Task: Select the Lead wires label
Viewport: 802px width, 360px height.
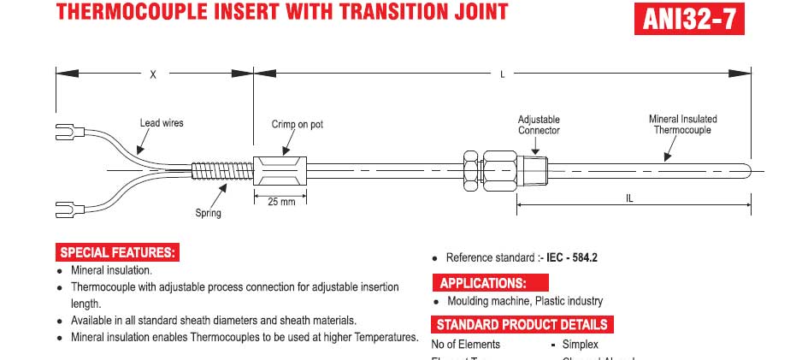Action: [x=162, y=123]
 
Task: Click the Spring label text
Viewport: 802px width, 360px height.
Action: [x=208, y=213]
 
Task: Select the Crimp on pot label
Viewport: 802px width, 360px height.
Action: [x=297, y=125]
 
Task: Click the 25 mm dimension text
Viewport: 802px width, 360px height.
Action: [x=281, y=201]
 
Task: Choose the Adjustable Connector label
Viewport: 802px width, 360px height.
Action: [x=539, y=125]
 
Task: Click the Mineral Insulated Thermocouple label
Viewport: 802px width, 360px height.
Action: [x=682, y=124]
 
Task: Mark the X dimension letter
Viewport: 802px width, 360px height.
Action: [x=153, y=75]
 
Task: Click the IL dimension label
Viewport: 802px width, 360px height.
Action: [x=630, y=198]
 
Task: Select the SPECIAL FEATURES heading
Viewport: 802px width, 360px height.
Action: [x=118, y=252]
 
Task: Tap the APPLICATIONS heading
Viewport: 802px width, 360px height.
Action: [x=483, y=283]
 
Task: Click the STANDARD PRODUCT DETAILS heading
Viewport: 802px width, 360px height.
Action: [x=522, y=325]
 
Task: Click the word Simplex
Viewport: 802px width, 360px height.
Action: [x=580, y=344]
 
